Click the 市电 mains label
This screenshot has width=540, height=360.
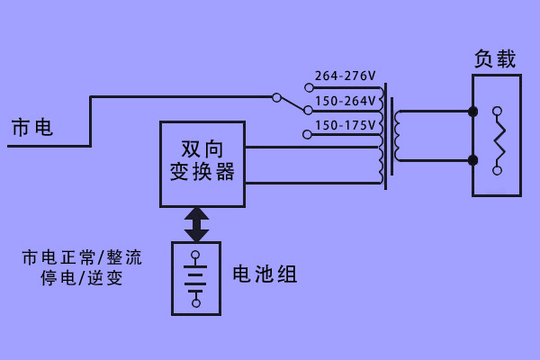31,128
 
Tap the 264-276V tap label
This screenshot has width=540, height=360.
345,76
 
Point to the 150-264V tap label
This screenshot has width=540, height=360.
345,101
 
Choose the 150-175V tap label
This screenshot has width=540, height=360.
345,125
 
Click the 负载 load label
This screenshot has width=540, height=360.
495,59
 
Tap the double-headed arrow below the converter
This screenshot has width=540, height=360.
196,224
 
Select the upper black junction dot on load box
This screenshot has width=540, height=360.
473,112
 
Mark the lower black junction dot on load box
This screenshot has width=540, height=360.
473,161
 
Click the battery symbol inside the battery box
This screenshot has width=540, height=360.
196,278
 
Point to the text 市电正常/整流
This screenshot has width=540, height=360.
82,257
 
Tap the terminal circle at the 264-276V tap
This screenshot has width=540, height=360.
309,88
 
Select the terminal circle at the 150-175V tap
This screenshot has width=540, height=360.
308,135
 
